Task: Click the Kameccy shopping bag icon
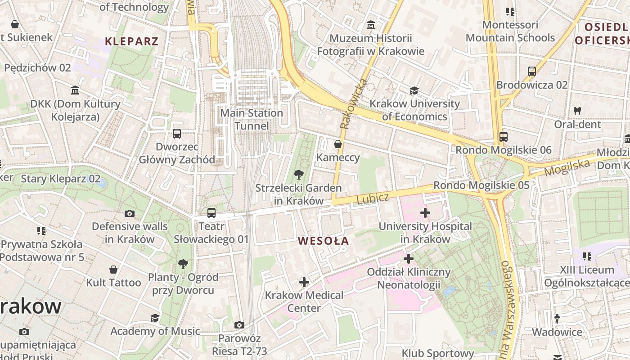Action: pyautogui.click(x=337, y=144)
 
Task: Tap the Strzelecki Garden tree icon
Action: pyautogui.click(x=298, y=175)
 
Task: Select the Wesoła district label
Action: pyautogui.click(x=323, y=241)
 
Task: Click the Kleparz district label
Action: pyautogui.click(x=131, y=41)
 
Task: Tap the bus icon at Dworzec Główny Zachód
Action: pyautogui.click(x=177, y=134)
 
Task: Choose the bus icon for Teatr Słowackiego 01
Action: pyautogui.click(x=211, y=213)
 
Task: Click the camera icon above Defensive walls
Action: pyautogui.click(x=130, y=213)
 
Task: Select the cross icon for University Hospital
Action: pyautogui.click(x=425, y=212)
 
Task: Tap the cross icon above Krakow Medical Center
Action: pyautogui.click(x=304, y=282)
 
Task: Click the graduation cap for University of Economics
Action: pyautogui.click(x=414, y=91)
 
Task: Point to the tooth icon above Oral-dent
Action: pyautogui.click(x=577, y=111)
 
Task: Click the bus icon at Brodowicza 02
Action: pyautogui.click(x=531, y=71)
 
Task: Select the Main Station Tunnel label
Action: pyautogui.click(x=252, y=119)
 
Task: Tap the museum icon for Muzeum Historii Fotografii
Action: pyautogui.click(x=370, y=25)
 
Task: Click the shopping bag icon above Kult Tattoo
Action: pyautogui.click(x=113, y=270)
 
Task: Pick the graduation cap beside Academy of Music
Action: pyautogui.click(x=155, y=318)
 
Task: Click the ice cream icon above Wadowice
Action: pyautogui.click(x=557, y=319)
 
